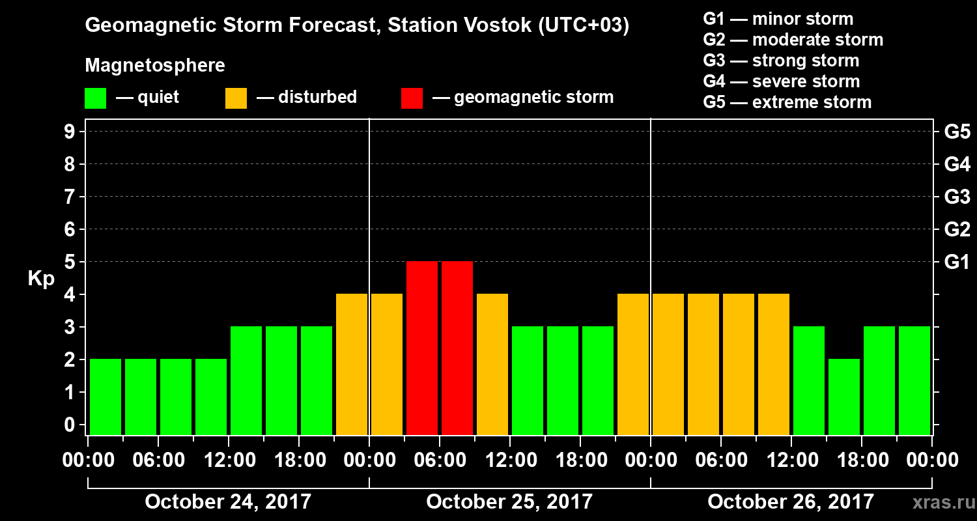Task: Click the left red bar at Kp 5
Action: [422, 347]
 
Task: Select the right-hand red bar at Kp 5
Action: [457, 347]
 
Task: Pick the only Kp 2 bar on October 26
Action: [844, 396]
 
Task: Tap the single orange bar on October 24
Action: [352, 363]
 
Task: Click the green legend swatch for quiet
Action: [95, 98]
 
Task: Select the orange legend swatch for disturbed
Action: [236, 98]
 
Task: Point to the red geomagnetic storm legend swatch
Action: [412, 98]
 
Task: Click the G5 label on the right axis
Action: [957, 132]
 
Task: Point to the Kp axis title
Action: [41, 279]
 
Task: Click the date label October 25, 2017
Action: [509, 501]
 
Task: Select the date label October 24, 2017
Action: [228, 501]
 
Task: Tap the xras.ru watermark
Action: [939, 502]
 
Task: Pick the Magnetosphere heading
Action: [155, 66]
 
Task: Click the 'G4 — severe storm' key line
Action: [782, 81]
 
